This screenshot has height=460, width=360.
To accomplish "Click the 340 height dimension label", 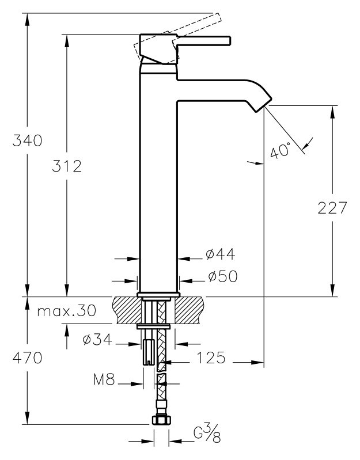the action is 27,140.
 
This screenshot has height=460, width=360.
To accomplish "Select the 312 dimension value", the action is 67,166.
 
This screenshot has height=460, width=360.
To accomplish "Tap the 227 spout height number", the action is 332,208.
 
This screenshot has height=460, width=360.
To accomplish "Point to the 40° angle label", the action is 280,150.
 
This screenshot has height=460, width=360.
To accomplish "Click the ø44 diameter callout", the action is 221,254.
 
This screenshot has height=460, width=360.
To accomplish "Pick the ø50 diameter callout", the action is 223,276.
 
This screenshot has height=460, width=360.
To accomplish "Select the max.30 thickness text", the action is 67,311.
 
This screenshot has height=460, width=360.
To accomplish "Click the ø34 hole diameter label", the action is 97,340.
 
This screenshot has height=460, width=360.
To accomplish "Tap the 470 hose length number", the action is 27,358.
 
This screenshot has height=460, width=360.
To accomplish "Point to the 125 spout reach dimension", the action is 211,358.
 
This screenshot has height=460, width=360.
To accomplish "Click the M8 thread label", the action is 104,379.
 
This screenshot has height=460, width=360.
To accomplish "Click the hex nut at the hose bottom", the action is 161,420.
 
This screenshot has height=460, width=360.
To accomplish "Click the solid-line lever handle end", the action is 230,41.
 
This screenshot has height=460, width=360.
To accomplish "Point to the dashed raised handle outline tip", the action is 217,17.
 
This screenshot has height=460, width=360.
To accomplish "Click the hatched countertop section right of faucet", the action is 190,310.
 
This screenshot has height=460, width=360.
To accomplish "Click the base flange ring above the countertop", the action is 158,295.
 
